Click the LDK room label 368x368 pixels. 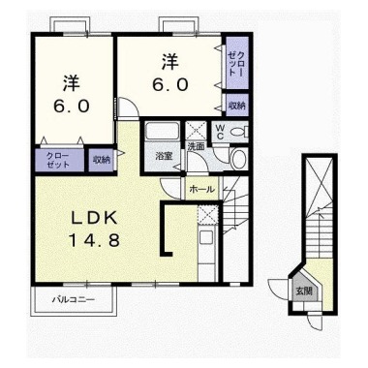pyautogui.click(x=94, y=219)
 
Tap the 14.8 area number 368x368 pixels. pyautogui.click(x=94, y=240)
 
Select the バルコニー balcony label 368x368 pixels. pyautogui.click(x=74, y=299)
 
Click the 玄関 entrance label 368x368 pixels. pyautogui.click(x=304, y=291)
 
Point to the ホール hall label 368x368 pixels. pyautogui.click(x=201, y=189)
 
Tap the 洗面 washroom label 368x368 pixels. pyautogui.click(x=197, y=147)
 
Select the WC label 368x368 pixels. pyautogui.click(x=220, y=132)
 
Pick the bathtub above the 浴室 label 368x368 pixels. pyautogui.click(x=162, y=132)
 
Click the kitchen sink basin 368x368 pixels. pyautogui.click(x=205, y=238)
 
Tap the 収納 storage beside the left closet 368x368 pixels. pyautogui.click(x=101, y=160)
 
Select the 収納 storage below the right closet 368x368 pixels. pyautogui.click(x=237, y=105)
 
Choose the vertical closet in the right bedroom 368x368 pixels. pyautogui.click(x=237, y=63)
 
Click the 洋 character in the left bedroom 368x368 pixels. pyautogui.click(x=72, y=84)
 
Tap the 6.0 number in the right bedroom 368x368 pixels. pyautogui.click(x=170, y=85)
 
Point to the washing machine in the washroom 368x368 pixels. pyautogui.click(x=239, y=158)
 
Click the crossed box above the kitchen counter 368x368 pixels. pyautogui.click(x=208, y=215)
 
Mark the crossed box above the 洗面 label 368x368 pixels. pyautogui.click(x=197, y=131)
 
